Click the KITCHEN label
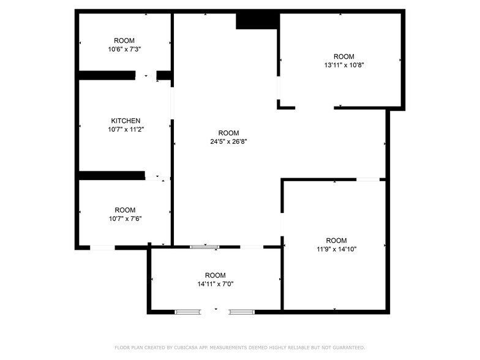click(x=126, y=121)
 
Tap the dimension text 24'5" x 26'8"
click(x=229, y=141)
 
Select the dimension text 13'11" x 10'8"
click(x=344, y=65)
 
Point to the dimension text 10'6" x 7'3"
click(x=124, y=49)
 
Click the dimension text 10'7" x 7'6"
click(x=125, y=219)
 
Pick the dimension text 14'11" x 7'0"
click(x=216, y=284)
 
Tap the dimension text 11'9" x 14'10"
click(x=337, y=249)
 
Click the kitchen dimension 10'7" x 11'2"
click(x=126, y=130)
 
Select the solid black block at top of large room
click(x=257, y=21)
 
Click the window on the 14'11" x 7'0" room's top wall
click(x=204, y=247)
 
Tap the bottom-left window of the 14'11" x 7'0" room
click(x=188, y=312)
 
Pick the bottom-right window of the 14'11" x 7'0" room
click(x=241, y=312)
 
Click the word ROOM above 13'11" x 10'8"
click(x=344, y=56)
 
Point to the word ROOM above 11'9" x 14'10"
click(x=337, y=241)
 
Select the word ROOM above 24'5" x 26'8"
click(x=229, y=133)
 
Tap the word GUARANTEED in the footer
click(x=349, y=348)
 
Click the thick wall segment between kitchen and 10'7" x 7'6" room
click(x=112, y=175)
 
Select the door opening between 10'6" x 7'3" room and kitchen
click(x=146, y=75)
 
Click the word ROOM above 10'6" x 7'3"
click(x=124, y=40)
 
